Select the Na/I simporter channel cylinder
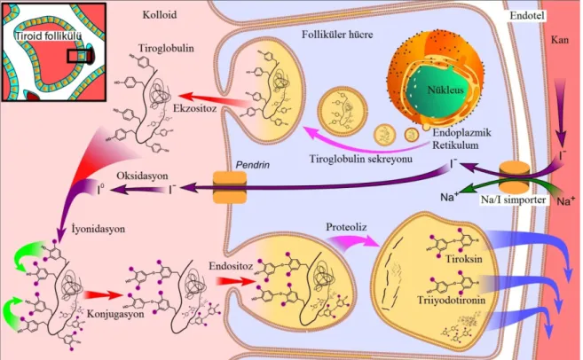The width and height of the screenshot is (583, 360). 514,176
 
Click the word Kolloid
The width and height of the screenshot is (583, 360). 160,15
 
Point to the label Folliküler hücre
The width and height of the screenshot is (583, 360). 337,35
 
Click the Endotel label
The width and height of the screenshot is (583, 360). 527,16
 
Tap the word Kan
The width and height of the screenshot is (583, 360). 560,39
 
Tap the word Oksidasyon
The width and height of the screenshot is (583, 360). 142,176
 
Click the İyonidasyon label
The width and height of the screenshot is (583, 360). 98,230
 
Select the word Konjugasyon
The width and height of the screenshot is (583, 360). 115,314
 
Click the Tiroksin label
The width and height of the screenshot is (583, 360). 463,259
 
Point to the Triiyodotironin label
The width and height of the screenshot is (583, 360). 451,301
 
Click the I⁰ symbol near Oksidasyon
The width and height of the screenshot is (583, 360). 100,190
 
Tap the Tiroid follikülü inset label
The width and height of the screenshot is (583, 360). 48,36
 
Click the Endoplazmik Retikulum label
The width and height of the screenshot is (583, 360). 461,138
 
